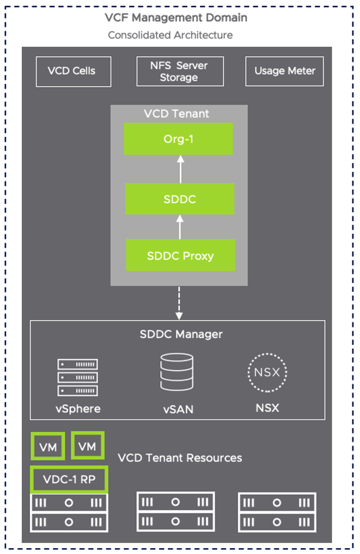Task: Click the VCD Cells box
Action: tap(72, 71)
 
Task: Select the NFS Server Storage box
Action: tap(179, 71)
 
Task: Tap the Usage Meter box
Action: tap(284, 71)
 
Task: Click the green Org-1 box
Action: tap(178, 139)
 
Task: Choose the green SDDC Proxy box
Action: tap(179, 255)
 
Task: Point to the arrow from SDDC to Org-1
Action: tap(180, 169)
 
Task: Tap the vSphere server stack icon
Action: tap(77, 378)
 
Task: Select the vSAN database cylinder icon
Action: tap(177, 373)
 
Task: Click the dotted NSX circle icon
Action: tap(267, 373)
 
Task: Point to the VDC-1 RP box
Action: tap(69, 480)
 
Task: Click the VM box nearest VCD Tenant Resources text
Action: tap(87, 447)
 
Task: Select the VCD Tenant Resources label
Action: tap(179, 457)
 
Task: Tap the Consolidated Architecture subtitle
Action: tap(170, 35)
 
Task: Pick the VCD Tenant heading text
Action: tap(176, 114)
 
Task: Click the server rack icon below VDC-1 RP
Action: tap(69, 512)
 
